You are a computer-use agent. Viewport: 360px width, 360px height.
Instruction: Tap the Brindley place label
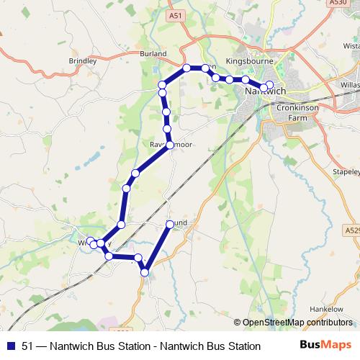tap(82, 62)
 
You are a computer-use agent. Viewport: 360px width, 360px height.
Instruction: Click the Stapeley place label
tap(344, 173)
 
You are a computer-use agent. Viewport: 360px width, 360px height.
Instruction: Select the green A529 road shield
tap(351, 230)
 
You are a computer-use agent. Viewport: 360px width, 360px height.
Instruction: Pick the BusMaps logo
tap(325, 346)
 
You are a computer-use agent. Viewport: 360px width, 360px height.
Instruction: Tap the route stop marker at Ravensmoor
tap(170, 145)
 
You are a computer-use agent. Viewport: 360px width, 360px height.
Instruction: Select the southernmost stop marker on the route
tap(145, 272)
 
